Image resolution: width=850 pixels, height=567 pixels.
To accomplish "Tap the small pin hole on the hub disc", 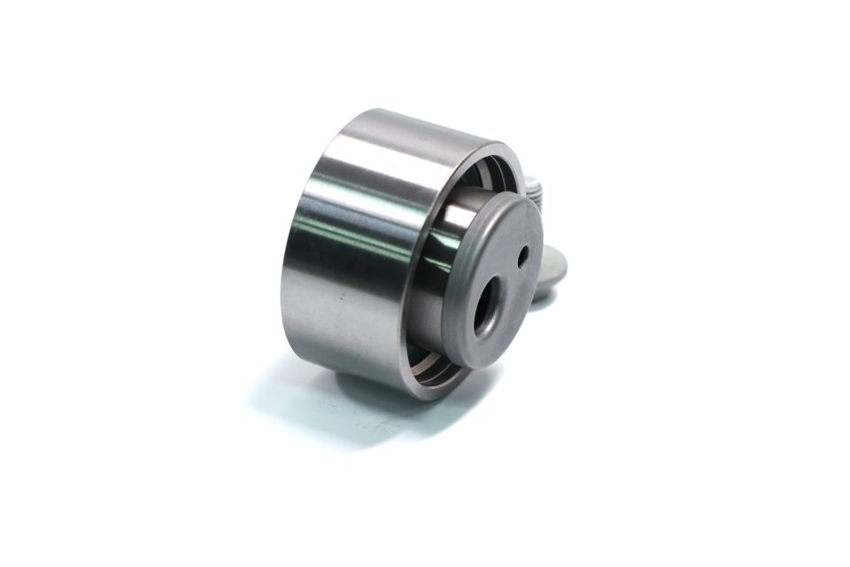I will [x=523, y=257].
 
